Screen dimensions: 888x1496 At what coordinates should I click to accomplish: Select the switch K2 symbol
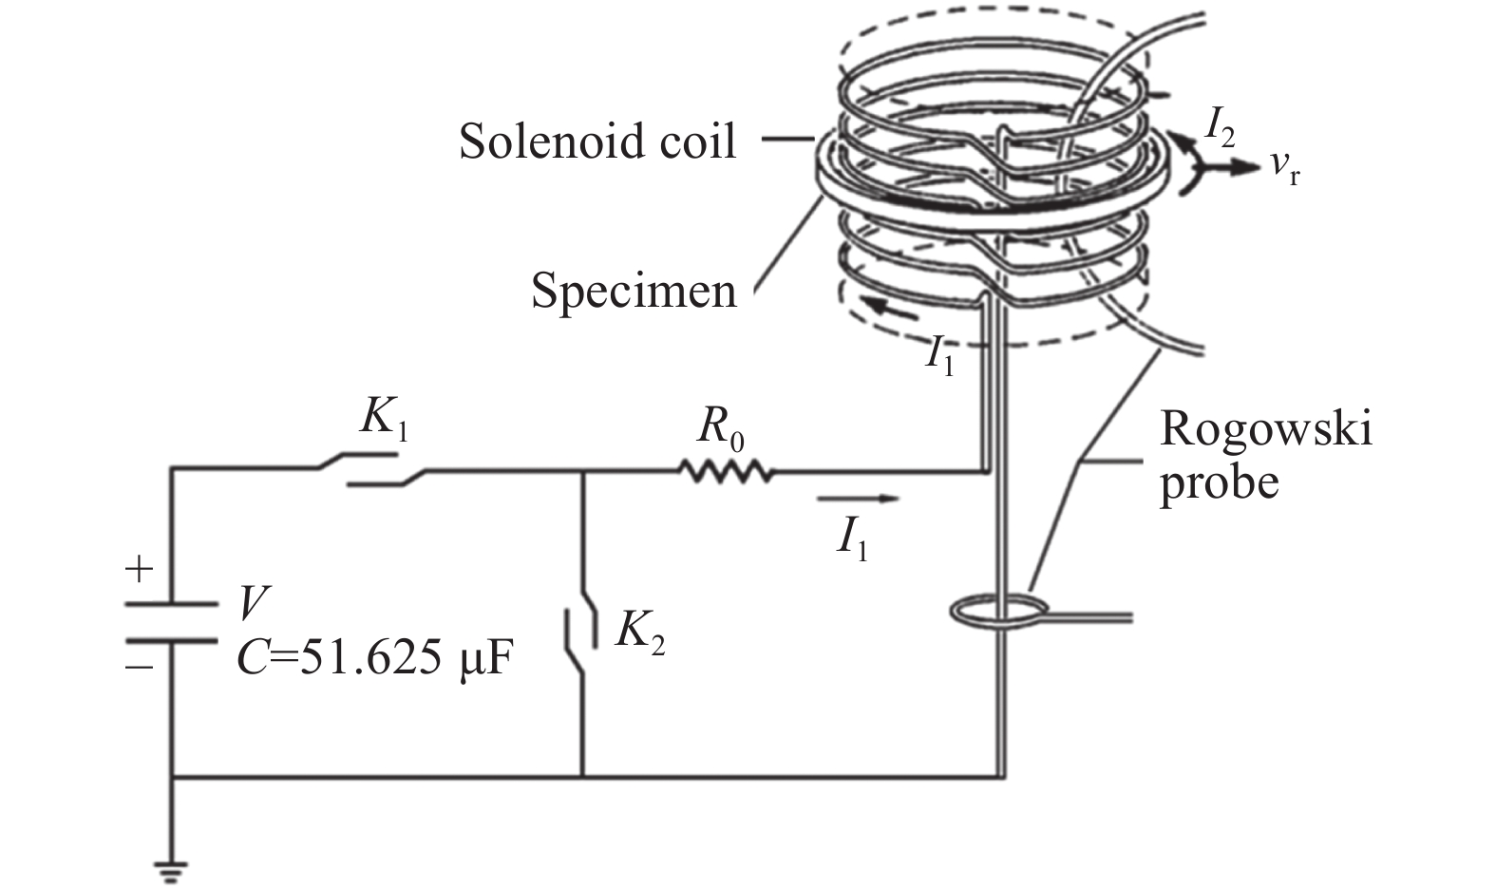[x=583, y=628]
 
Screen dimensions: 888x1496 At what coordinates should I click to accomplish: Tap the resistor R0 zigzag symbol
[x=725, y=470]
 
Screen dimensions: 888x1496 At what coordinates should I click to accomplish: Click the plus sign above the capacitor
[x=139, y=571]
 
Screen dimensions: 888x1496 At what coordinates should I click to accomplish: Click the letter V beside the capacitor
[x=253, y=601]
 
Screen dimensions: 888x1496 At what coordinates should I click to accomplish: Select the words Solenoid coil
[x=597, y=142]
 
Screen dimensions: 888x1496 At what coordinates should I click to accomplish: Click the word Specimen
[x=634, y=290]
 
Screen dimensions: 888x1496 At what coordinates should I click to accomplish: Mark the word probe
[x=1219, y=482]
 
